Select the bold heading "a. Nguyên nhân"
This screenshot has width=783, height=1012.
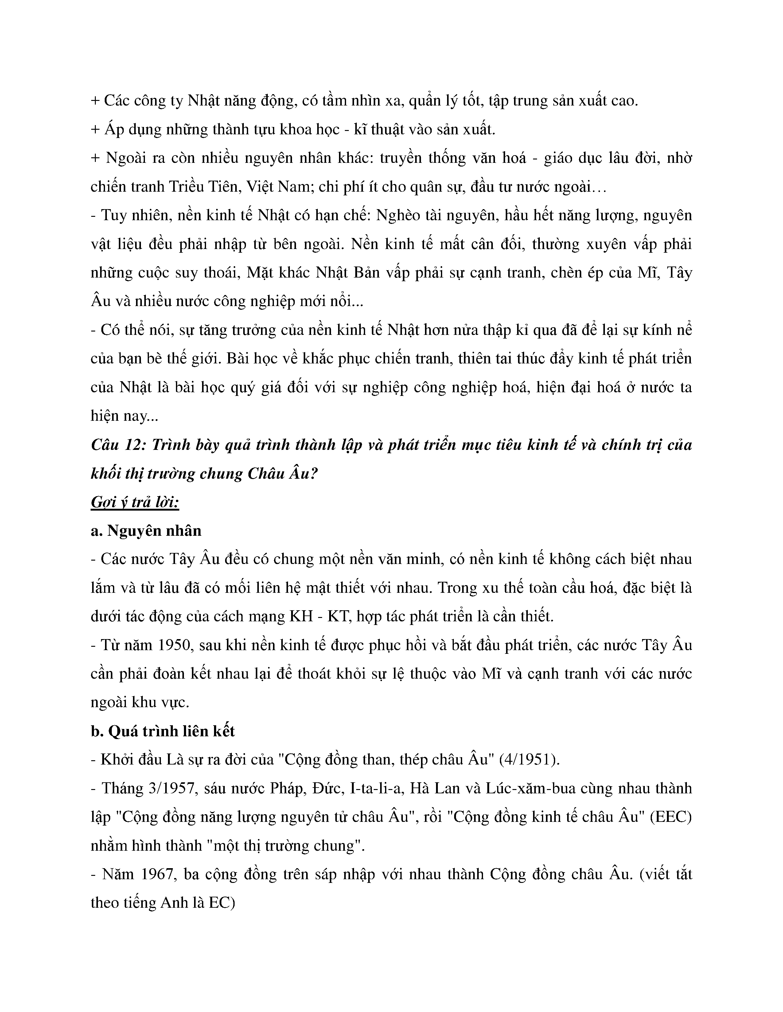(146, 531)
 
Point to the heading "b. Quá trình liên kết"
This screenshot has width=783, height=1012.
(163, 731)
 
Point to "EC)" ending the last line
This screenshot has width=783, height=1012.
(222, 903)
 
